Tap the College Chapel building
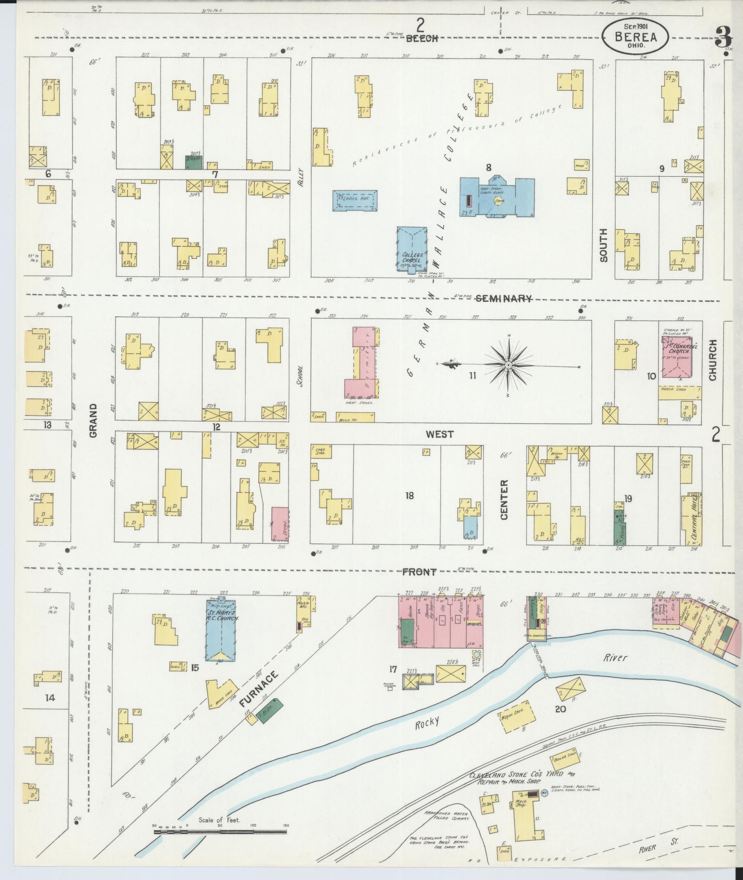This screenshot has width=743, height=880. pos(412,250)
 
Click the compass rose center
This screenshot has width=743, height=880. pos(508,365)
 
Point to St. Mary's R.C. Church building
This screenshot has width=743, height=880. pos(221,629)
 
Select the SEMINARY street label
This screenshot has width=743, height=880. pos(503,299)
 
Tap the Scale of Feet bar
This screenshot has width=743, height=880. pos(220,833)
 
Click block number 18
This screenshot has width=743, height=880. pos(409,495)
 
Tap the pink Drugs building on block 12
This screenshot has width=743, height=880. pos(279,522)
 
